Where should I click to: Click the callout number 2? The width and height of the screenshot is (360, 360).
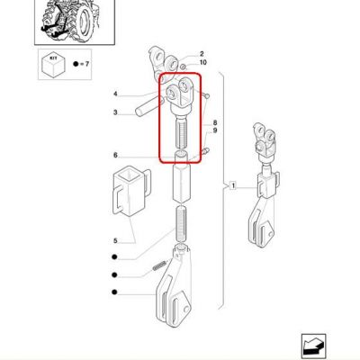[202, 54]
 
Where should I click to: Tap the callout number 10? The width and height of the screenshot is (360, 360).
[203, 62]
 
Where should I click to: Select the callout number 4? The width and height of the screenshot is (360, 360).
[115, 94]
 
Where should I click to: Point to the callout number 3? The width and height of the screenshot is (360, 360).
[115, 112]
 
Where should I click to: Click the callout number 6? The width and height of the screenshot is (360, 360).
[115, 156]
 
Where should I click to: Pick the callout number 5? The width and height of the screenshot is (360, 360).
[115, 240]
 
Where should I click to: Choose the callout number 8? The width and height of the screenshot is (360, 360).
[215, 122]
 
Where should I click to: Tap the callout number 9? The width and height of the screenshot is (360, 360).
[215, 130]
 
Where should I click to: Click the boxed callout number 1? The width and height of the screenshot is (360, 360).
[233, 186]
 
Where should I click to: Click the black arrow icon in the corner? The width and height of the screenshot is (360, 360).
[313, 346]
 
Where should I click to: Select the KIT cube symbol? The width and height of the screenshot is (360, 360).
[53, 65]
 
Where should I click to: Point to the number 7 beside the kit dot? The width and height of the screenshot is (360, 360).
[87, 64]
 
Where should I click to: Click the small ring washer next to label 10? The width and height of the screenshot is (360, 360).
[184, 67]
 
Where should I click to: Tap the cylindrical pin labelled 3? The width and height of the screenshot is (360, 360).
[149, 107]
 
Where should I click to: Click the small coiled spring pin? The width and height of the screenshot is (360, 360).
[159, 265]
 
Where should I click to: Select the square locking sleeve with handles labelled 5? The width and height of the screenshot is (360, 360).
[131, 191]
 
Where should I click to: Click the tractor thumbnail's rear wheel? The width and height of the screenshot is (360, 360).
[85, 21]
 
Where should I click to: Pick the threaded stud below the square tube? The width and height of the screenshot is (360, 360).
[181, 222]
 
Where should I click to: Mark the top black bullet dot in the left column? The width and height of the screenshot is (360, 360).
[114, 257]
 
